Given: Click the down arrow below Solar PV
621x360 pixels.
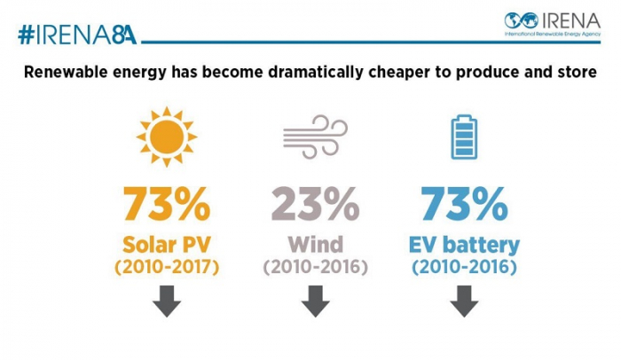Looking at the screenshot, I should (165, 302).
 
